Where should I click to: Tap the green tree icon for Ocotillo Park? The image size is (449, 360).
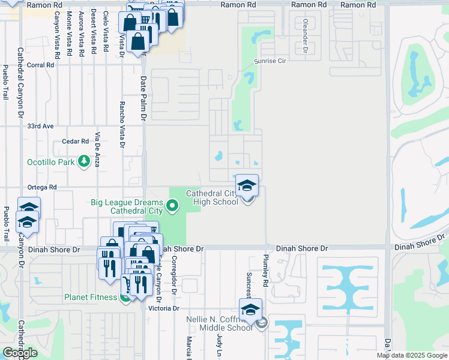(83, 161)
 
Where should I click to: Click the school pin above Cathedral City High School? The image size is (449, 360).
(247, 186)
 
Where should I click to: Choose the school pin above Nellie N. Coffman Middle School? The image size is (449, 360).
(250, 310)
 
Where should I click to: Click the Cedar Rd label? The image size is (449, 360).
(76, 142)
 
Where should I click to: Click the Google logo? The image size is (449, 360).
(20, 353)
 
